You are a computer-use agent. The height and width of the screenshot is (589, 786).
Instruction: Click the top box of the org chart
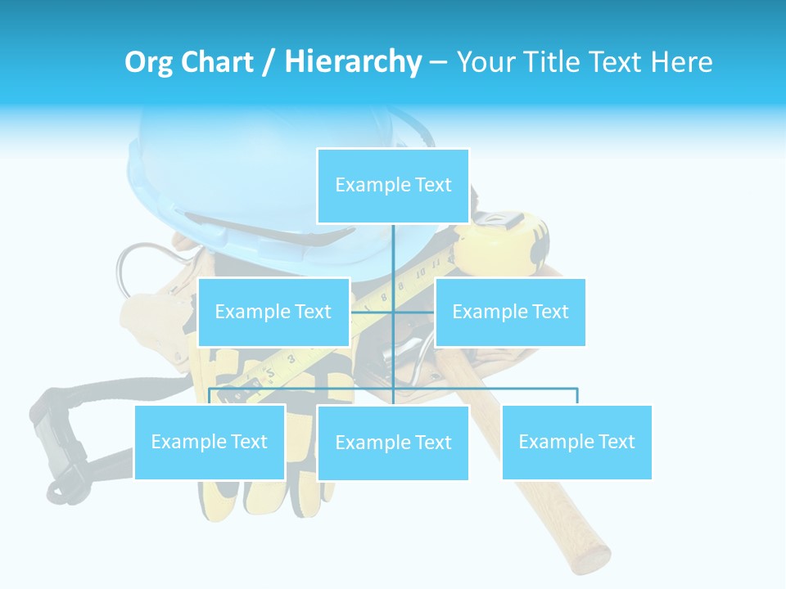pyautogui.click(x=393, y=186)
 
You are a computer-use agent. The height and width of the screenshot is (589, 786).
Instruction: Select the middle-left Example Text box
pyautogui.click(x=273, y=312)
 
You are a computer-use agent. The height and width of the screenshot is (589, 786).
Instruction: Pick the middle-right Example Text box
pyautogui.click(x=510, y=312)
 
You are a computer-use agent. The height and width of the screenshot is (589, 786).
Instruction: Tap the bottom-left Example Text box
pyautogui.click(x=210, y=442)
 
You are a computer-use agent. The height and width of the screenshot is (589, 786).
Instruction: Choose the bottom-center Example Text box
pyautogui.click(x=393, y=443)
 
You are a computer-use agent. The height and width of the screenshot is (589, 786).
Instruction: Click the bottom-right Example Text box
pyautogui.click(x=576, y=442)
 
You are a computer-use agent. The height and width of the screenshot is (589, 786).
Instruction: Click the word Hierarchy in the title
pyautogui.click(x=352, y=62)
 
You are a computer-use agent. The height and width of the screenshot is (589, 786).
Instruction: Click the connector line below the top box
pyautogui.click(x=393, y=254)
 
